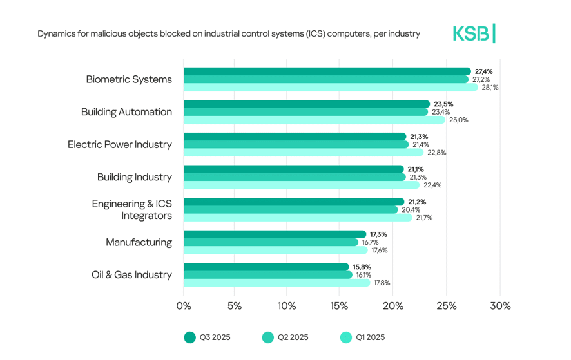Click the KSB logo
474,33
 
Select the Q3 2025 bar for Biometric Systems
327,71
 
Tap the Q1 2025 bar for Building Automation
314,120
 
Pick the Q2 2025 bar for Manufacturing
271,242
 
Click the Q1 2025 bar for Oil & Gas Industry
276,283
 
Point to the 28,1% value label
490,88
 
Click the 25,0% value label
458,120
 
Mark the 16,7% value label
370,242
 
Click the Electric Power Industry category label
120,144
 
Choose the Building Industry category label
135,177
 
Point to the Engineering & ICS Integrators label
132,210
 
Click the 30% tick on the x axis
499,306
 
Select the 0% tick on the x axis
184,306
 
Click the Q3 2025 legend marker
189,337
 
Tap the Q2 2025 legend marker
268,337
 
